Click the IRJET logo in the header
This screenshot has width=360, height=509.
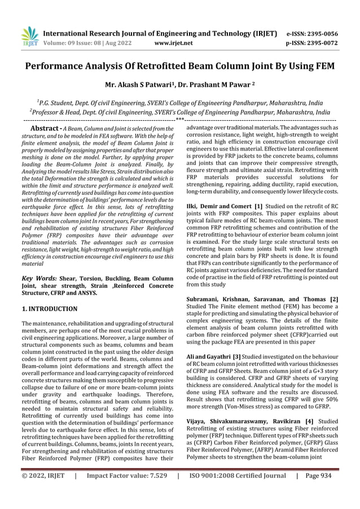coord(29,35)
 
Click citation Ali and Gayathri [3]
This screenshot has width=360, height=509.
coord(210,357)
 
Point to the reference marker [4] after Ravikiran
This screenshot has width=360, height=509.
coord(309,421)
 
